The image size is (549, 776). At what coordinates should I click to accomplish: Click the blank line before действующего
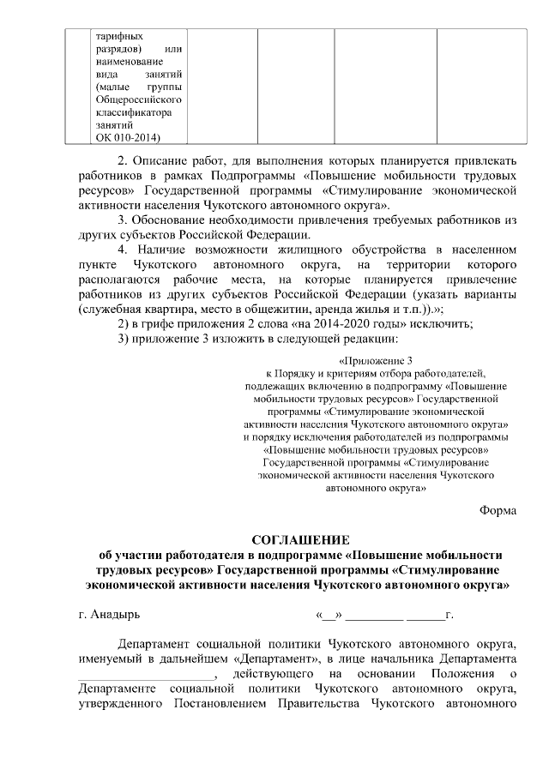142,674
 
